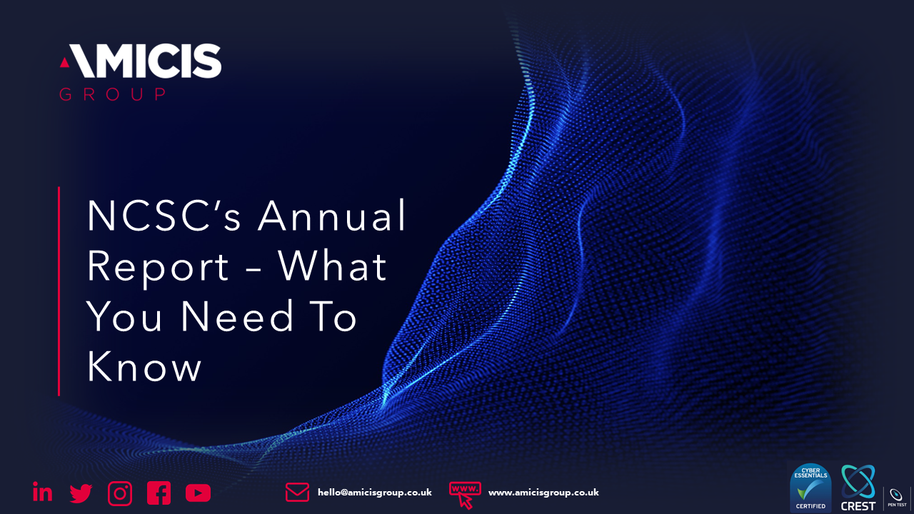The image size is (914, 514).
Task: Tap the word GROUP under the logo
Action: click(113, 94)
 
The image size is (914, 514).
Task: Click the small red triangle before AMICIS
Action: click(64, 63)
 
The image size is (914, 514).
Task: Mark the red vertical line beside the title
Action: click(59, 291)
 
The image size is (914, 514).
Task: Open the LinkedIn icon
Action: click(43, 492)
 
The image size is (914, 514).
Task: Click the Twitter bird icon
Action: click(81, 493)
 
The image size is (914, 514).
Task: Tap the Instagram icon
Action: click(120, 493)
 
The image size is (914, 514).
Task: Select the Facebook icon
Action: click(159, 493)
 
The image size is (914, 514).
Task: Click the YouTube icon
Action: click(198, 493)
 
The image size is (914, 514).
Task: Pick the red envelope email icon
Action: click(297, 492)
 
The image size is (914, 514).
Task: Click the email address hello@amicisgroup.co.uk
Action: click(374, 493)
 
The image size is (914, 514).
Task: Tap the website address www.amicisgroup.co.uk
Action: click(543, 493)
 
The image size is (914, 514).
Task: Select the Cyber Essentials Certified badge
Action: click(810, 489)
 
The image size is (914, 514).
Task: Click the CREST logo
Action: click(858, 488)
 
